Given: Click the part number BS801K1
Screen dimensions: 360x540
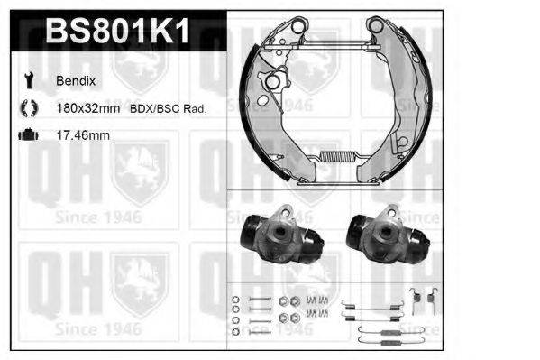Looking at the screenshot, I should tap(118, 32).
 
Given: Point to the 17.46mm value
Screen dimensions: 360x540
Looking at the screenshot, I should tap(84, 135).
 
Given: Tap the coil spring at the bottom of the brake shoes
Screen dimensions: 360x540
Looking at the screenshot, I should tap(333, 160).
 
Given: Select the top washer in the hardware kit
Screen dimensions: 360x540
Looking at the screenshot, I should tap(234, 299).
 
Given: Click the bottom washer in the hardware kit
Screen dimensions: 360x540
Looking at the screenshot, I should tap(234, 331).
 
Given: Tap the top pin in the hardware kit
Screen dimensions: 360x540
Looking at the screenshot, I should tap(259, 299).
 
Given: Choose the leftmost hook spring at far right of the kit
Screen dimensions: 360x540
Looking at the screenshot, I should tap(415, 298).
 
